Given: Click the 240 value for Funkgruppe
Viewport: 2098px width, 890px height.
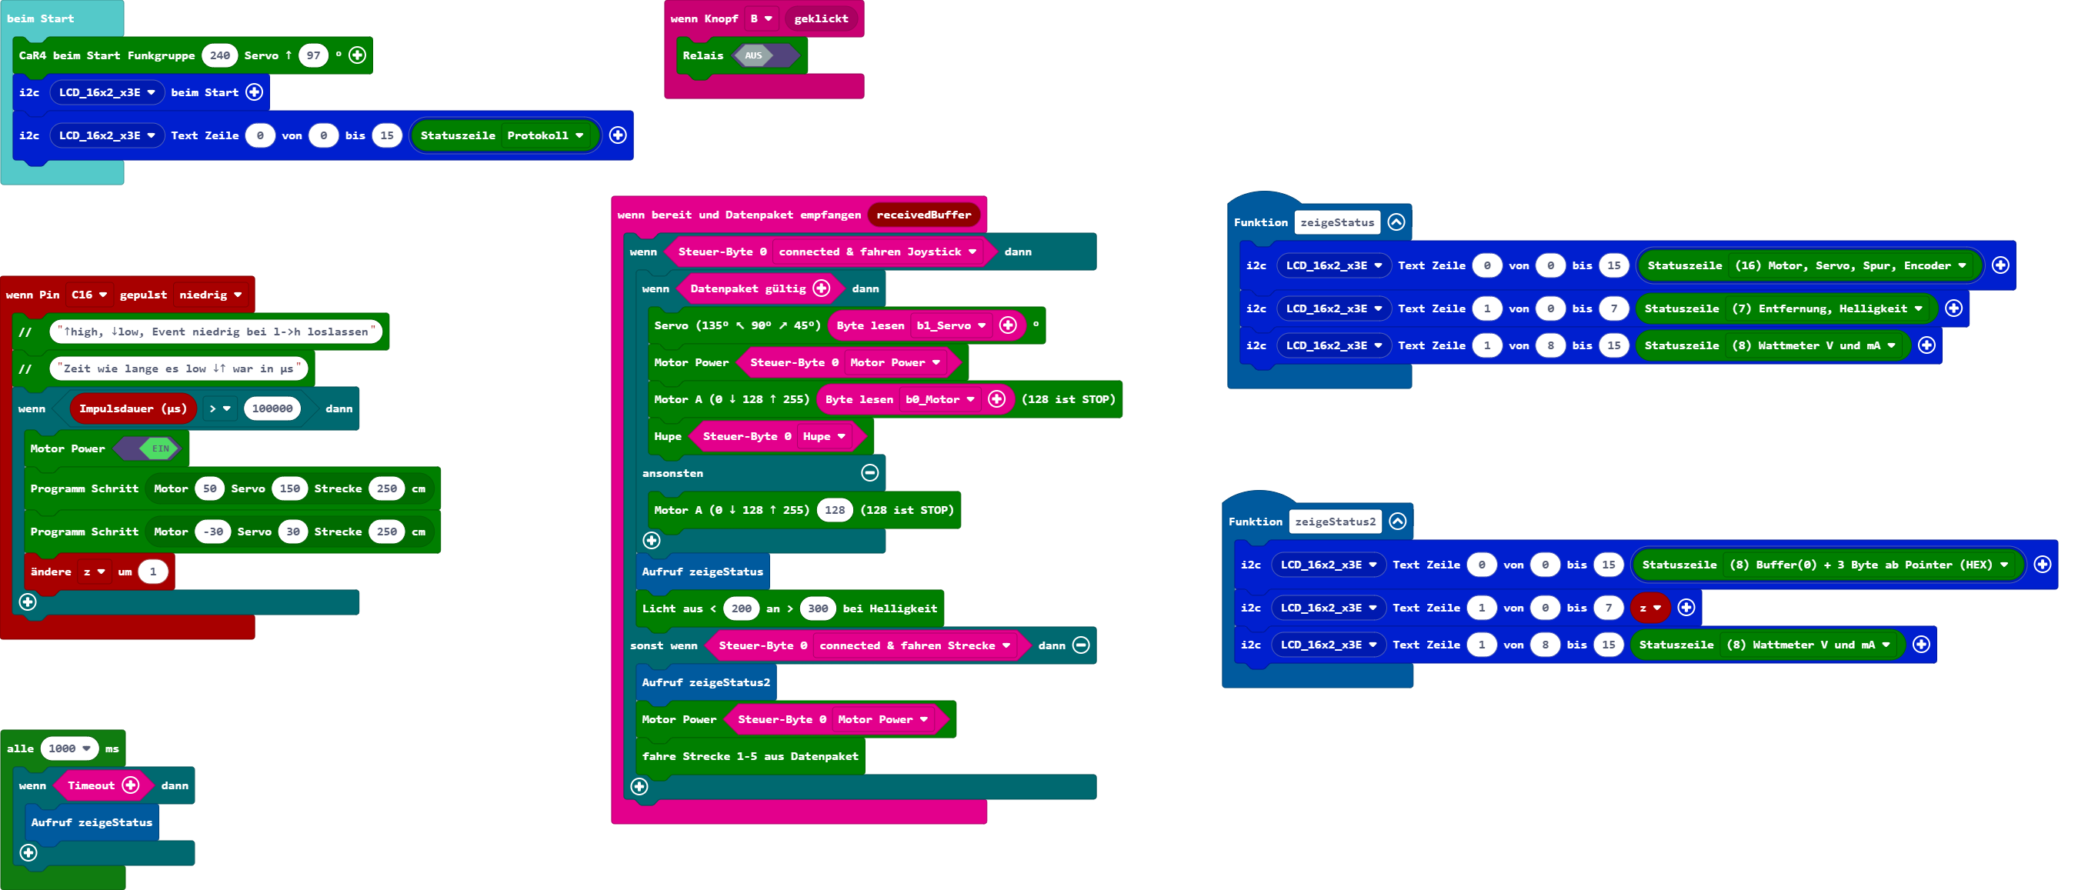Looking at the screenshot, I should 219,55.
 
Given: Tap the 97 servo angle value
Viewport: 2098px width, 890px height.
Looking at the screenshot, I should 313,55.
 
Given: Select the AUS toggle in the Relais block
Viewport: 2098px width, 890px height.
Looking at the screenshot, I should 754,55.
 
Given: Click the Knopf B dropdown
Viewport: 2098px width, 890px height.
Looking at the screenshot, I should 761,18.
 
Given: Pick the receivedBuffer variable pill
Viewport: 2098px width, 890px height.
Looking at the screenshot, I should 922,215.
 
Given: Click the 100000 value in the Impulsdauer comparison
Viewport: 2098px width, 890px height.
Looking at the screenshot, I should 272,408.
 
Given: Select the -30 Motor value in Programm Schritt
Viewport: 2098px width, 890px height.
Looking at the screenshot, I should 212,532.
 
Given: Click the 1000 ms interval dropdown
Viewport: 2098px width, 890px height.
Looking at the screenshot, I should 69,748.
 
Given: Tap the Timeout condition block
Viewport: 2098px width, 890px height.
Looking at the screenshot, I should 92,786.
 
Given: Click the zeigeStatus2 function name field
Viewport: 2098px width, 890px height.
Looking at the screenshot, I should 1335,522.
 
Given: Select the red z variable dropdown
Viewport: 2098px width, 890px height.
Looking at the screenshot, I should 1650,608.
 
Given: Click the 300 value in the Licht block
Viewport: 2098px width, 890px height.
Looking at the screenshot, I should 818,608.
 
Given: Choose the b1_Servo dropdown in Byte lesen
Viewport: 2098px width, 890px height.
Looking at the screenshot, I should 950,325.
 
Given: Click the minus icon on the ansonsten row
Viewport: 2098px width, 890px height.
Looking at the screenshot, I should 870,473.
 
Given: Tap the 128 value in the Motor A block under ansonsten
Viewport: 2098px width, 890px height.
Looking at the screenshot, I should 835,511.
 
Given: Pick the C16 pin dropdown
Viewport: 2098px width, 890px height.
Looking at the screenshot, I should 88,295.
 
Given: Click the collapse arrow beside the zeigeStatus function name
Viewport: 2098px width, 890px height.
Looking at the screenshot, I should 1396,222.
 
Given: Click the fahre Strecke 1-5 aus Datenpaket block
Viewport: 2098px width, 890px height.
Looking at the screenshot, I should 749,756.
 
